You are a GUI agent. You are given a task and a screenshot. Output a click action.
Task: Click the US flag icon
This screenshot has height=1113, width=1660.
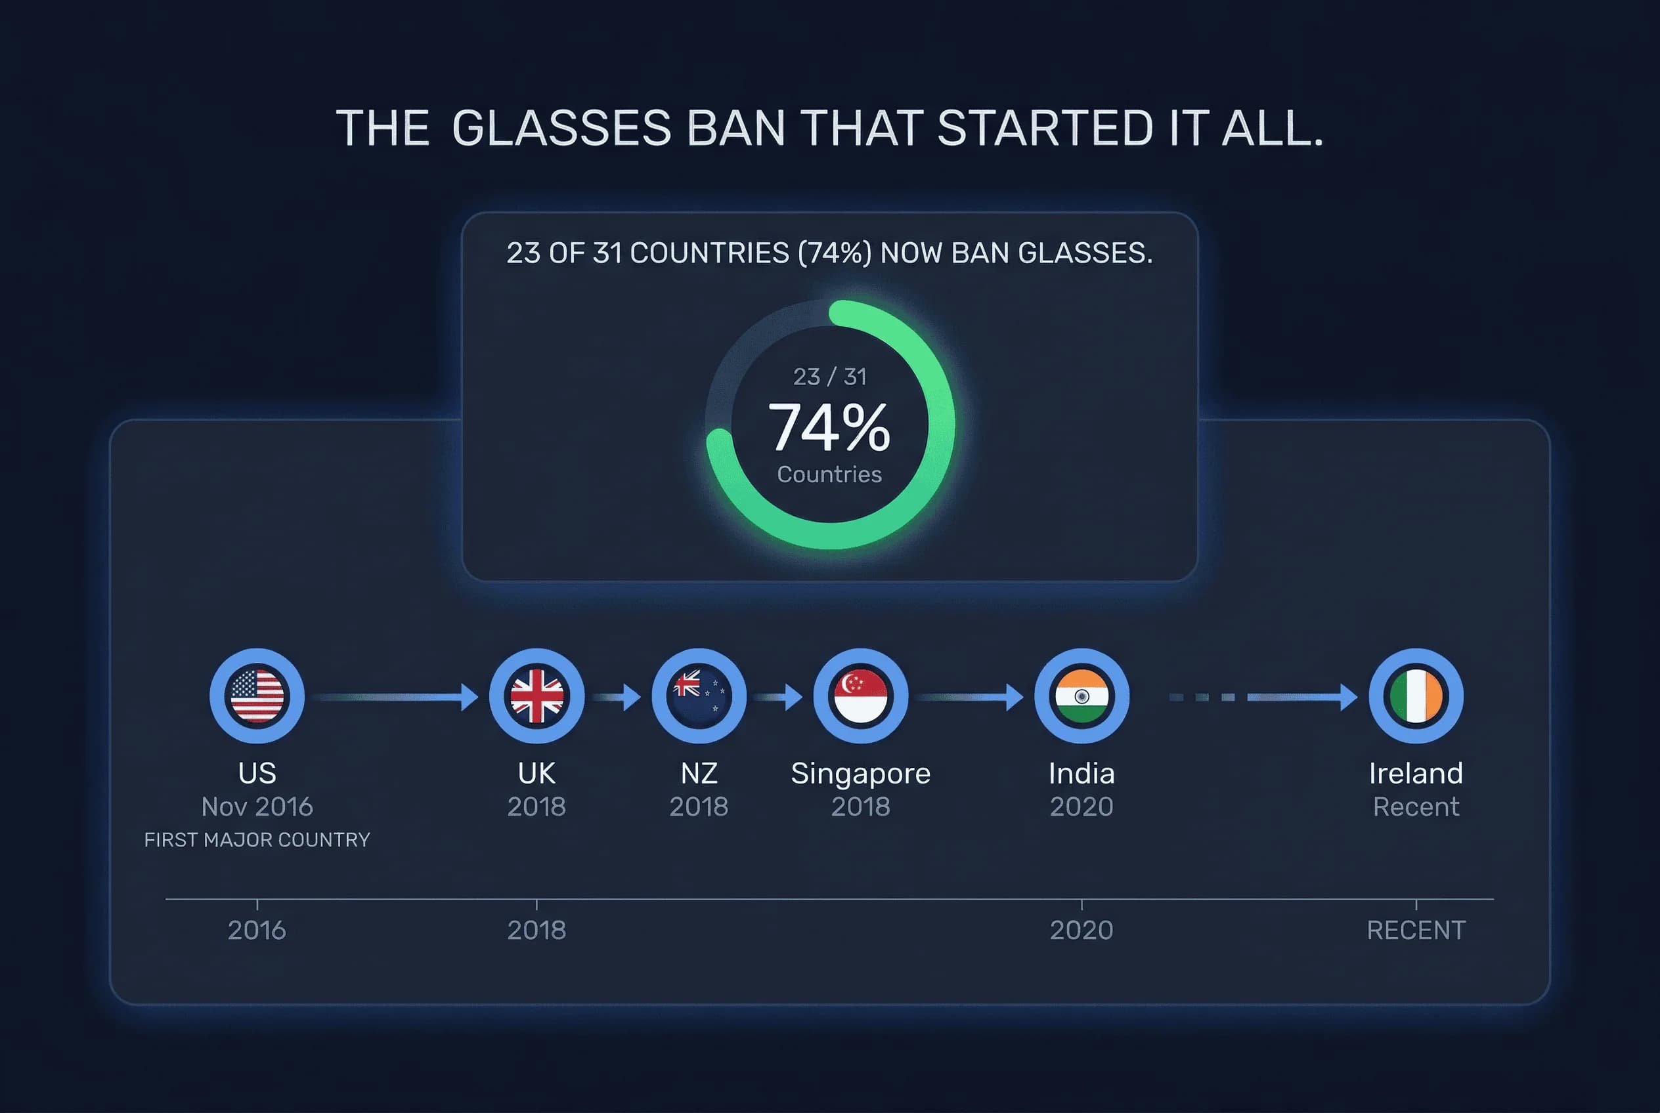[x=257, y=696]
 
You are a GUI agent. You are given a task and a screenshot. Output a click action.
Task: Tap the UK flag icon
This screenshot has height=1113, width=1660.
[x=536, y=696]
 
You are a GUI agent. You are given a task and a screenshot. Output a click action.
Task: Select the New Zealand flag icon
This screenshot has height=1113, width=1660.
[x=699, y=696]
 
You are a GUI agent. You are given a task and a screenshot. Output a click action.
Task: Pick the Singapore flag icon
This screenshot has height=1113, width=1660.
[x=860, y=696]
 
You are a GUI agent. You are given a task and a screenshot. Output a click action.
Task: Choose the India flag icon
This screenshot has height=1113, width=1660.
[x=1081, y=696]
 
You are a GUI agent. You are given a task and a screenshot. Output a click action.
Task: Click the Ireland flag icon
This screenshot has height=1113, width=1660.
[x=1416, y=696]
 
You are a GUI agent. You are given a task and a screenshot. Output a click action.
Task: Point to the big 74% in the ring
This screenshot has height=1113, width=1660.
[x=829, y=427]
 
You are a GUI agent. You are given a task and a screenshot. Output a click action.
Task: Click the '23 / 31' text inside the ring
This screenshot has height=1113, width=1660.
[x=829, y=376]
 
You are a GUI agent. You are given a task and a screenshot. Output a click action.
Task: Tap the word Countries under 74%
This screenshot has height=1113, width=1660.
[x=829, y=474]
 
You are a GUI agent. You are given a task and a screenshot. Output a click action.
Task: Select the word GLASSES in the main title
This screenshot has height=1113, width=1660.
[x=561, y=129]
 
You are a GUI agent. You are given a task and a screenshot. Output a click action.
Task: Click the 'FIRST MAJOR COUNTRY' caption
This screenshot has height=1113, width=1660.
[x=257, y=840]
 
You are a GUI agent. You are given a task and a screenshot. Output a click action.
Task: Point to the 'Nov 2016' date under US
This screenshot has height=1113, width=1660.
[x=257, y=807]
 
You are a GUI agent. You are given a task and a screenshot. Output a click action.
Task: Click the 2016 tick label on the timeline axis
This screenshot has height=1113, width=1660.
[x=257, y=930]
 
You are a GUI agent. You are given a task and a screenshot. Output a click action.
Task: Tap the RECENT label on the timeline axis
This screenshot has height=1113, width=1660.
[x=1416, y=930]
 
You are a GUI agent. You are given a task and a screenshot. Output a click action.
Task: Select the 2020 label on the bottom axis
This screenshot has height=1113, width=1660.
[x=1081, y=930]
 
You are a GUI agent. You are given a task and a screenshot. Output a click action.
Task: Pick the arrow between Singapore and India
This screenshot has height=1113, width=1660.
[x=971, y=697]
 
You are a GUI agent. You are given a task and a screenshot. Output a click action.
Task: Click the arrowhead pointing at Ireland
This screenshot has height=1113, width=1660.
[x=1348, y=697]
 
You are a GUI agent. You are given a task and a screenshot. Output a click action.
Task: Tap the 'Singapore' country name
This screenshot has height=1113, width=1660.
[x=860, y=773]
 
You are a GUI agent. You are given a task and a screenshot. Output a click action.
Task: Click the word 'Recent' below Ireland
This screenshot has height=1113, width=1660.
[x=1416, y=807]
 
